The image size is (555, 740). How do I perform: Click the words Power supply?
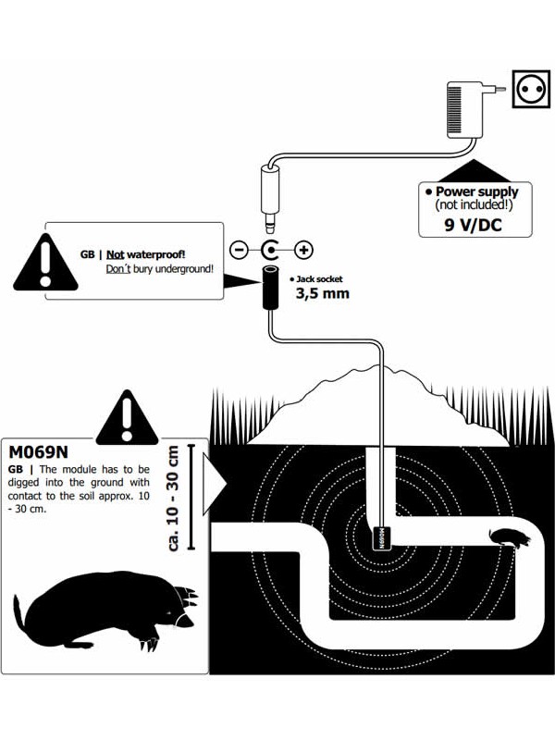click(480, 192)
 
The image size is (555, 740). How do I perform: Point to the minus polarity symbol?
click(239, 250)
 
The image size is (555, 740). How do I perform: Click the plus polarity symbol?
click(303, 250)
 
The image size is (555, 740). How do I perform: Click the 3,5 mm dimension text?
click(323, 295)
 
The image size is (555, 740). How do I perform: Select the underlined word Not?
click(116, 253)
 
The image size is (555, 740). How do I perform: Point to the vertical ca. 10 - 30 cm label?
click(175, 499)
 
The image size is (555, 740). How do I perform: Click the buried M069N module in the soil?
click(380, 537)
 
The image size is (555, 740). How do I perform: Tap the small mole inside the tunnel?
click(504, 536)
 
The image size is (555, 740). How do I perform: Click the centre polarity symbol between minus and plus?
click(271, 250)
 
